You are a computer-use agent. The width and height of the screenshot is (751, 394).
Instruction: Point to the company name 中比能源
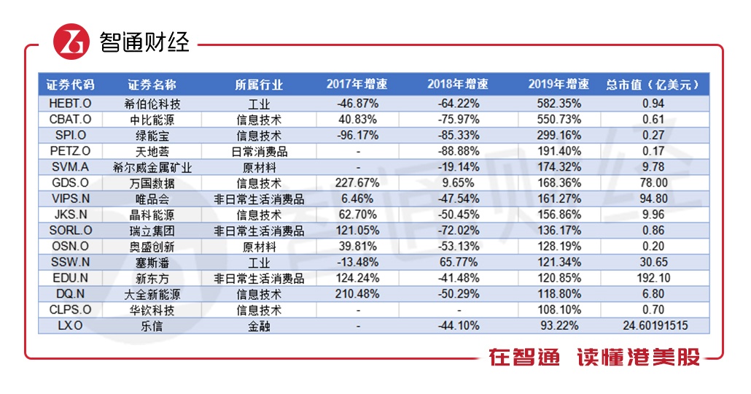coord(152,120)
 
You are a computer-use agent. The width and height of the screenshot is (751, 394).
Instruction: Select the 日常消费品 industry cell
coord(259,152)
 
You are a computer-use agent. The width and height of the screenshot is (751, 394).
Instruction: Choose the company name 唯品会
coord(152,199)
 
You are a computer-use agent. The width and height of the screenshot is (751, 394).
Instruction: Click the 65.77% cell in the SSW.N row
coord(457,263)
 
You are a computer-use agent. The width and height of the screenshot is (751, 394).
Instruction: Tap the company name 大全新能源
coord(152,295)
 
